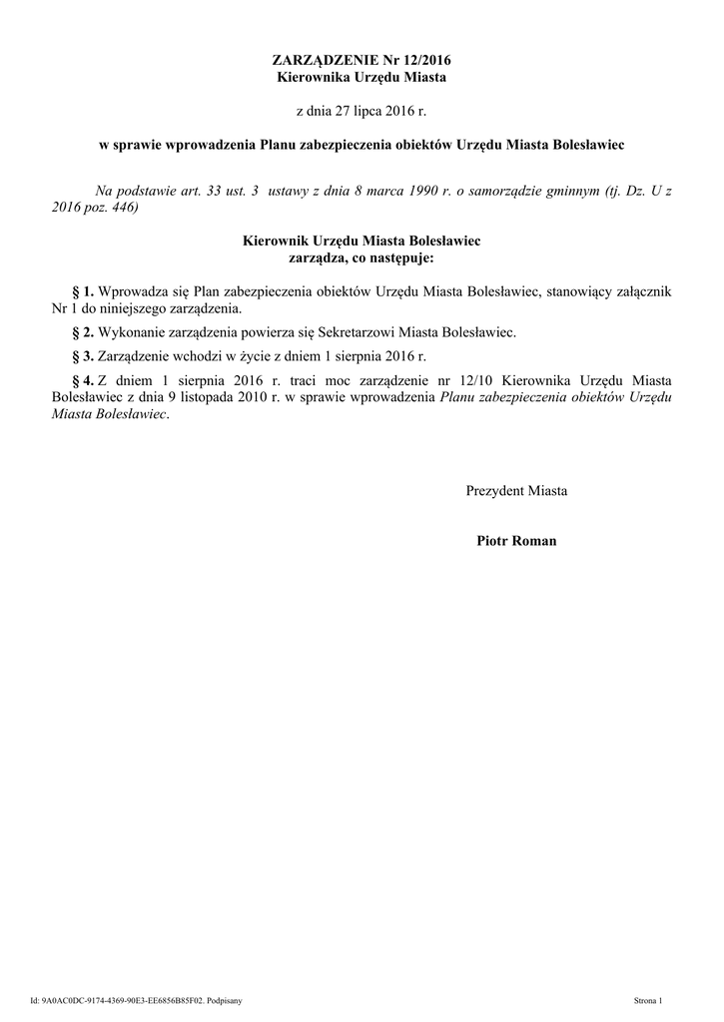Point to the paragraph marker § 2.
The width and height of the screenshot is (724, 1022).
[81, 331]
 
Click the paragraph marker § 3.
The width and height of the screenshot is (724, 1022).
[81, 356]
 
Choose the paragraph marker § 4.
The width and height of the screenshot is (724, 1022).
[81, 380]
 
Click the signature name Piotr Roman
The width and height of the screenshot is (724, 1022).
[517, 541]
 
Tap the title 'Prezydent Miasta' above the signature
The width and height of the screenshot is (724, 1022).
[516, 491]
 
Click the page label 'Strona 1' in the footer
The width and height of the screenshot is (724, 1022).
[655, 999]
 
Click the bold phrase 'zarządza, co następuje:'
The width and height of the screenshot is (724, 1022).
[362, 258]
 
